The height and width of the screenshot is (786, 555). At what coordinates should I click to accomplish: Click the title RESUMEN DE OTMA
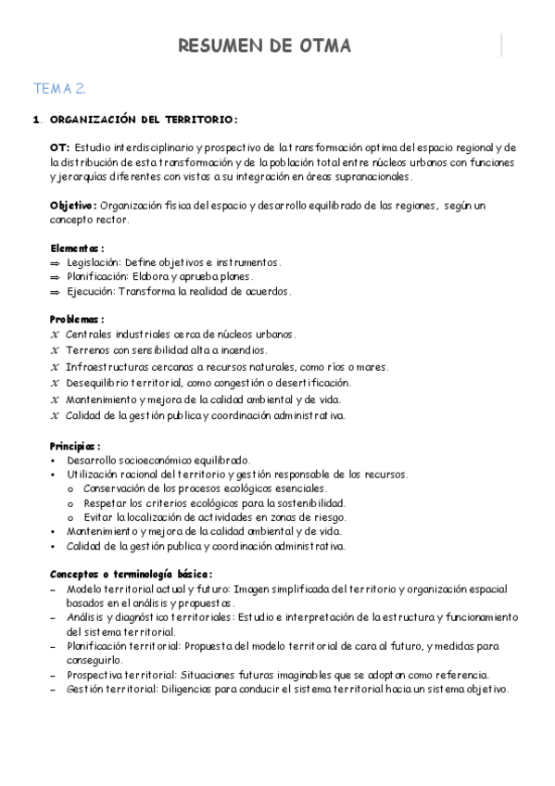(x=264, y=46)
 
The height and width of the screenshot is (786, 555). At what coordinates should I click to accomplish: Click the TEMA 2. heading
(x=60, y=90)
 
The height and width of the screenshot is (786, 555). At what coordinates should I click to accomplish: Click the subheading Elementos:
(x=76, y=247)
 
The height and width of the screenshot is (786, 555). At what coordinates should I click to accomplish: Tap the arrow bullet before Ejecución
(x=55, y=291)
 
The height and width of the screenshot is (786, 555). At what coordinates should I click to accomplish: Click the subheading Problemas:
(x=77, y=319)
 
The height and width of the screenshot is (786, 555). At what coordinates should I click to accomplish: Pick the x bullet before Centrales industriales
(x=55, y=334)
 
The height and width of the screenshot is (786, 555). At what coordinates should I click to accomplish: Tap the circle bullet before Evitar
(x=72, y=516)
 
